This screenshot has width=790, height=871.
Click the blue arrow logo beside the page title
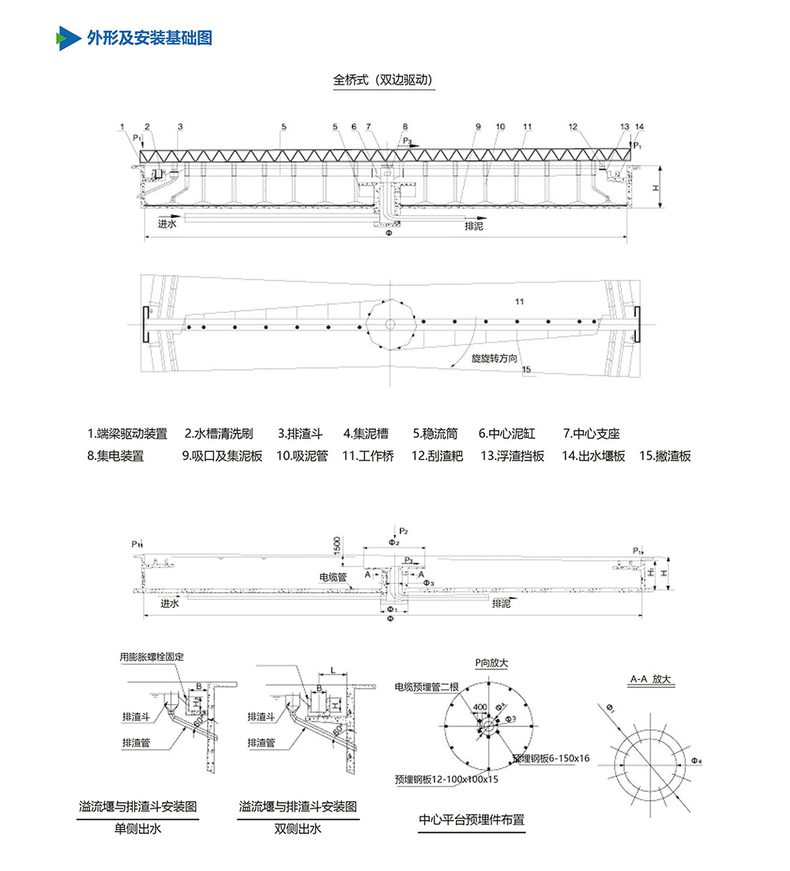coord(68,37)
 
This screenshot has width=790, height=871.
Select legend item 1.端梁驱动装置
coord(127,433)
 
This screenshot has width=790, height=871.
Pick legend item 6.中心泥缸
coord(506,433)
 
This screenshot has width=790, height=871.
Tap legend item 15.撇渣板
coord(665,456)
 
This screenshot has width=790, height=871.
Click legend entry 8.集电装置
coord(115,456)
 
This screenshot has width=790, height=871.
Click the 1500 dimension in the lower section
coord(337,545)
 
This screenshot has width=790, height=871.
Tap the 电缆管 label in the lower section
coord(333,578)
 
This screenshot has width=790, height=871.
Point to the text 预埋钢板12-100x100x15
coord(447,779)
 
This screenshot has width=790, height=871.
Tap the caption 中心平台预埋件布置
coord(472,820)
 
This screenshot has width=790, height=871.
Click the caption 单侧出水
coord(137,829)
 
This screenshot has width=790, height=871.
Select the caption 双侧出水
coord(298,829)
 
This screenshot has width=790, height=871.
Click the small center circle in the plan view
coord(390,324)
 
